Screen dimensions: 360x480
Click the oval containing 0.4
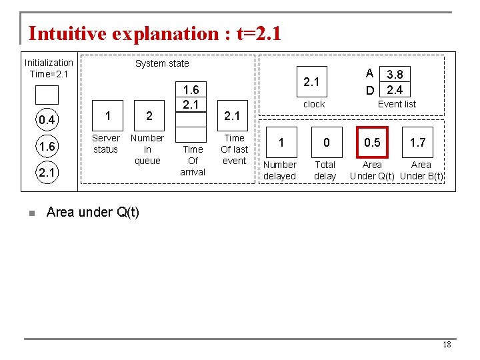pyautogui.click(x=47, y=120)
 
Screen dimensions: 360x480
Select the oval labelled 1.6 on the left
pyautogui.click(x=47, y=147)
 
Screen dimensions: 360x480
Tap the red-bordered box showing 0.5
pyautogui.click(x=372, y=142)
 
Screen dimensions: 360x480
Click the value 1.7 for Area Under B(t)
pyautogui.click(x=418, y=142)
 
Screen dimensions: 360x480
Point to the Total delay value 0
pyautogui.click(x=326, y=142)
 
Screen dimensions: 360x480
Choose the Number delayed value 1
pyautogui.click(x=281, y=142)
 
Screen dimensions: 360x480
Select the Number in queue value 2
pyautogui.click(x=149, y=115)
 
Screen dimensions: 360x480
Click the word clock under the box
pyautogui.click(x=314, y=104)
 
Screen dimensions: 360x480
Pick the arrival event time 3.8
pyautogui.click(x=395, y=75)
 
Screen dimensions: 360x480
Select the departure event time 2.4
pyautogui.click(x=395, y=89)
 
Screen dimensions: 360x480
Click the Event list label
pyautogui.click(x=397, y=104)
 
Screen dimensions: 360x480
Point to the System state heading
pyautogui.click(x=162, y=63)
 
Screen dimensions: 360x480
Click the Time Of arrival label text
pyautogui.click(x=193, y=161)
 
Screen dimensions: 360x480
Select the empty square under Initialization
pyautogui.click(x=47, y=95)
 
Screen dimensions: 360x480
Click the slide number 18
pyautogui.click(x=447, y=345)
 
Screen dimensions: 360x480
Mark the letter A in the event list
pyautogui.click(x=369, y=74)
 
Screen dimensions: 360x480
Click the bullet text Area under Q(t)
pyautogui.click(x=93, y=213)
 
